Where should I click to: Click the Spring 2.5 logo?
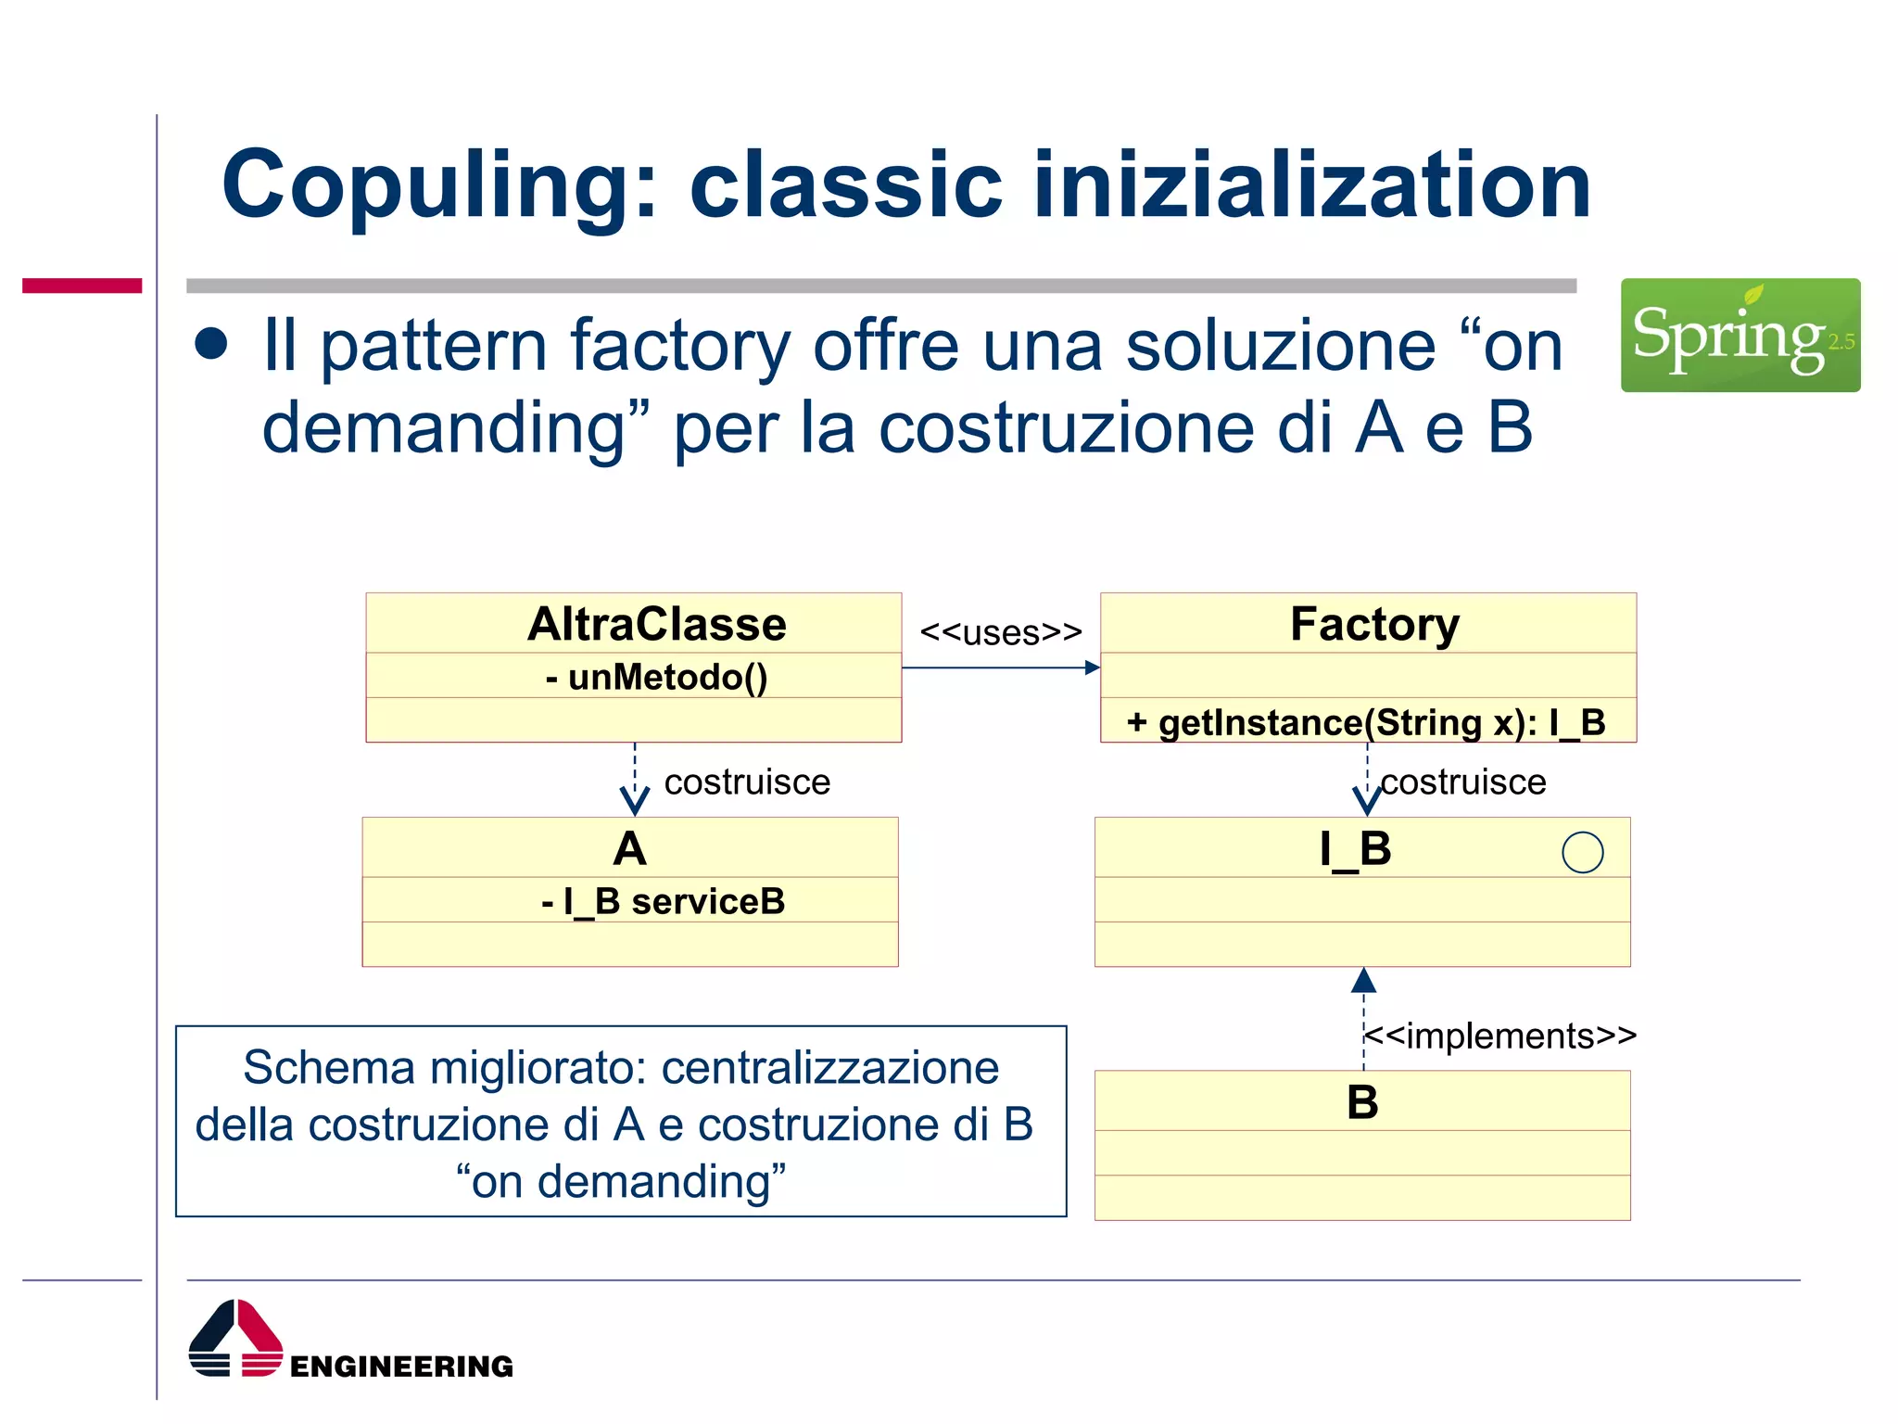click(1740, 335)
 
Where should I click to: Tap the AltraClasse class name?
click(656, 624)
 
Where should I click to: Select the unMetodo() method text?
click(656, 677)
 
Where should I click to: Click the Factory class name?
click(1374, 624)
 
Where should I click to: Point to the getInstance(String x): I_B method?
click(1366, 722)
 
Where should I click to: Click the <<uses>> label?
click(1000, 633)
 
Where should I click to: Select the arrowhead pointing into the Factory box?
click(1093, 667)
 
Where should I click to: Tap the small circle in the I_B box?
click(1582, 852)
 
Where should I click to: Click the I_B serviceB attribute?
click(663, 901)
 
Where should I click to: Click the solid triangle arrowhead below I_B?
click(1363, 980)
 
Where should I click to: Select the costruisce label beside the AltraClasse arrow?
click(747, 782)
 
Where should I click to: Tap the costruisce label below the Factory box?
click(1463, 782)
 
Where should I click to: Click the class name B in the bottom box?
click(1362, 1102)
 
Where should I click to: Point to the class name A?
click(630, 848)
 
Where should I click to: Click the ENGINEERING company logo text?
click(401, 1366)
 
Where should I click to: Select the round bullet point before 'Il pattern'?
click(211, 344)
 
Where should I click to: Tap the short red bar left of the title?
click(82, 286)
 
